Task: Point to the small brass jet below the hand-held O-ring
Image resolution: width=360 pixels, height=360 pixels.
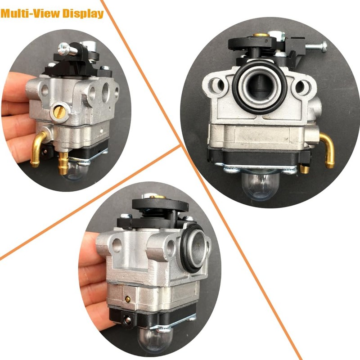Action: (x=128, y=298)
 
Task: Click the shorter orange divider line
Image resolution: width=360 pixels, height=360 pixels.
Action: (x=90, y=202)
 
